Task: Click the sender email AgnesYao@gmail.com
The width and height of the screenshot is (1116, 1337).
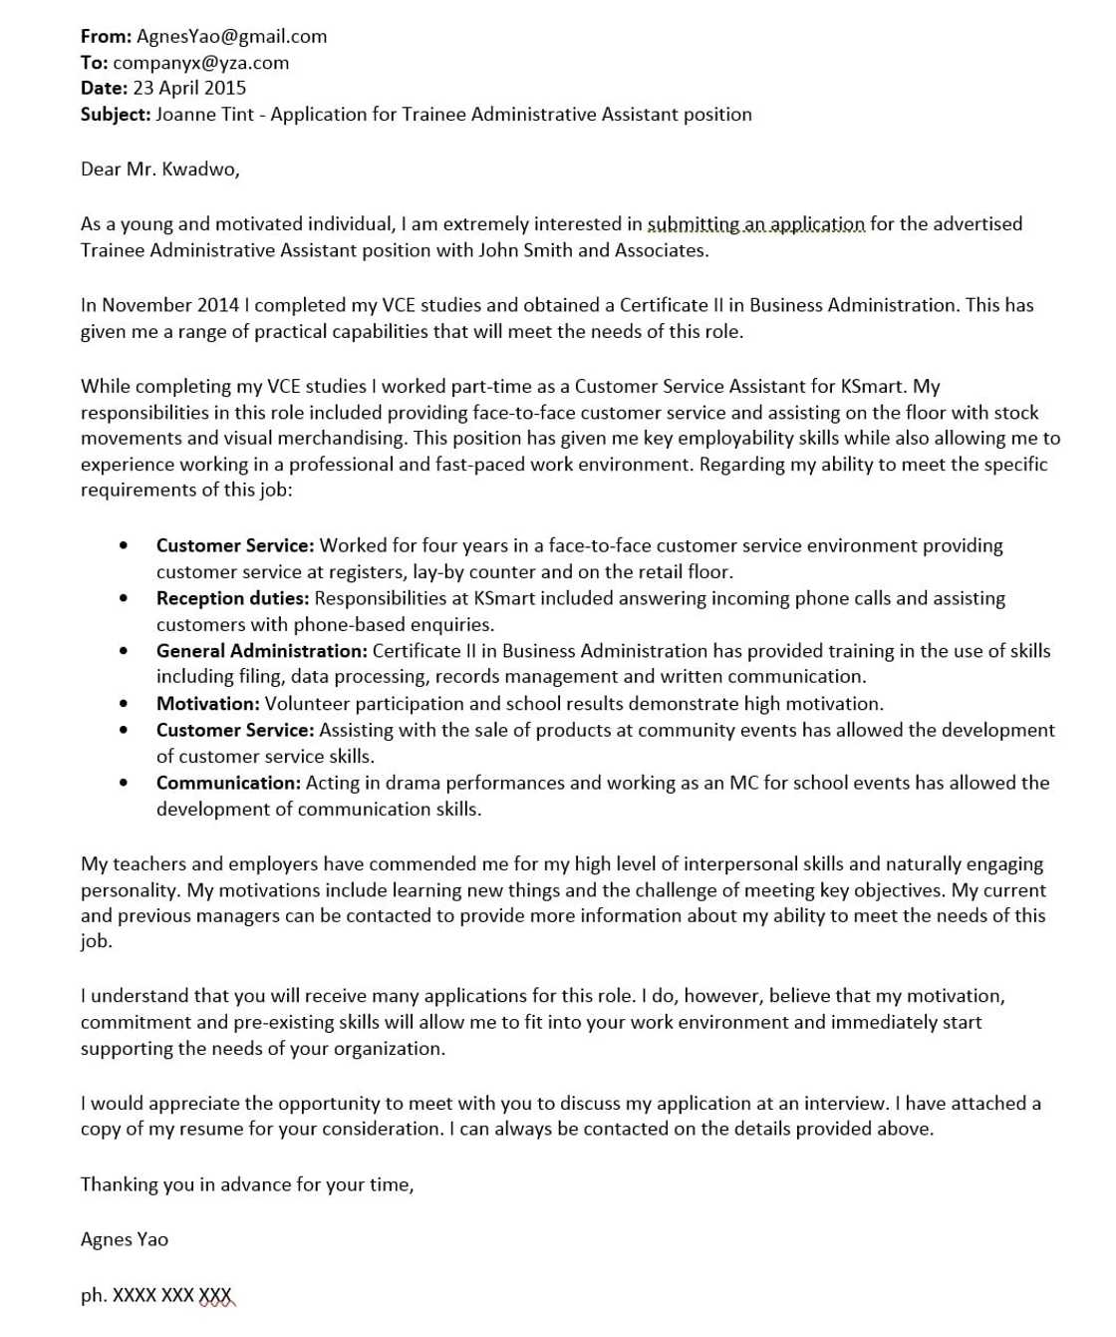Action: coord(231,37)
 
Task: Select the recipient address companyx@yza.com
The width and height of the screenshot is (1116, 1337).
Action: coord(200,63)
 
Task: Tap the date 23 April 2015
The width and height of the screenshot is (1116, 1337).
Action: coord(189,89)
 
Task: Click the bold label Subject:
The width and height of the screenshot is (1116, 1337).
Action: coord(116,115)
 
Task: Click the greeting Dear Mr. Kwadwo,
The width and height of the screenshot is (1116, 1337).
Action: coord(160,169)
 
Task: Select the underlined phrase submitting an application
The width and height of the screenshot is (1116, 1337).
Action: coord(756,224)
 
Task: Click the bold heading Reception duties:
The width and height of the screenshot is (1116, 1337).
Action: coord(232,598)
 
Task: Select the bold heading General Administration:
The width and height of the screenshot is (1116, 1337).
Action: coord(262,651)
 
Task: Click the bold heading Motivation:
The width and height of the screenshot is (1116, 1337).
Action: coord(207,704)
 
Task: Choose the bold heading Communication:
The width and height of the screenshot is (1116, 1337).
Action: coord(228,783)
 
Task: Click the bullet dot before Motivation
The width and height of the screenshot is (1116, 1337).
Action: coord(124,704)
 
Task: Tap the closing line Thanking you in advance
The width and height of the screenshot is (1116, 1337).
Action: coord(246,1184)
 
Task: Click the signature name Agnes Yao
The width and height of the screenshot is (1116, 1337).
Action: coord(125,1239)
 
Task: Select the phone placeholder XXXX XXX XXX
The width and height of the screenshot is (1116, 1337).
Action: coord(172,1295)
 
